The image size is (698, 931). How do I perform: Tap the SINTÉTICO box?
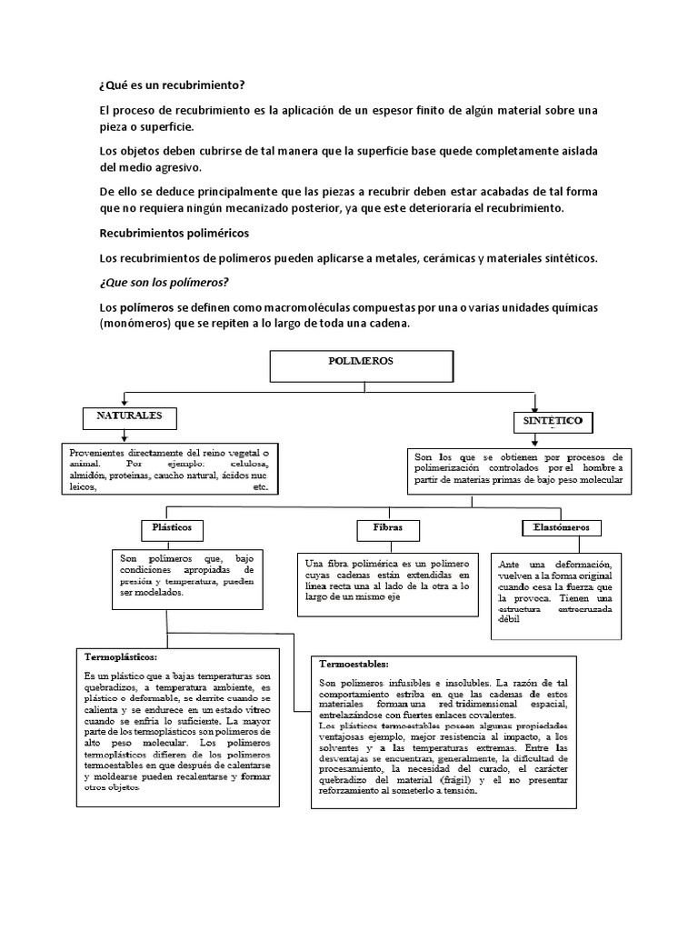tap(553, 423)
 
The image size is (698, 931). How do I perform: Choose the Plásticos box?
tap(172, 528)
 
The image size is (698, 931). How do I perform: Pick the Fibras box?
tap(381, 528)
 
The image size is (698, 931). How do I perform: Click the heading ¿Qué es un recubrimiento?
tap(172, 86)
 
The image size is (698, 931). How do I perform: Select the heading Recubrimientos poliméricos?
tap(174, 234)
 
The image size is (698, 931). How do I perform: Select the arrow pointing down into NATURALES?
tap(124, 401)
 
